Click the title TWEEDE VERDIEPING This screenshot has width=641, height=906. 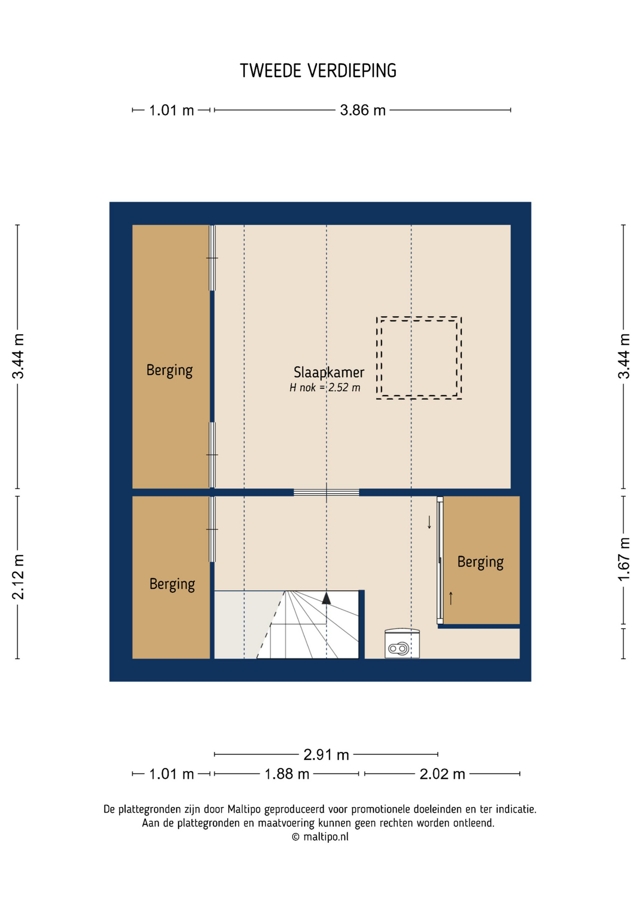[x=318, y=71]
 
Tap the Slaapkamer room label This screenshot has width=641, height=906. [x=329, y=372]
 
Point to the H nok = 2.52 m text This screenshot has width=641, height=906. [x=325, y=388]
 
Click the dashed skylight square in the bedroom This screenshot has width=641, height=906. [x=419, y=317]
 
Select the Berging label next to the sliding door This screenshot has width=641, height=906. [x=480, y=562]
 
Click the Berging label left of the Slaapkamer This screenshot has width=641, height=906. [x=169, y=370]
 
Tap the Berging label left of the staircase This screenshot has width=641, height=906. [x=172, y=584]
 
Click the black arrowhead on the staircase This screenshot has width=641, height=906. [x=326, y=598]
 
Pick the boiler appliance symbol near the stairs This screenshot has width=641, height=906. [x=402, y=644]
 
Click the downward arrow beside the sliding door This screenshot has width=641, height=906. [x=429, y=522]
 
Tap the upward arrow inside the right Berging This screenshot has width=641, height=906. [x=451, y=598]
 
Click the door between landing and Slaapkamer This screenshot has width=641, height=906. [x=326, y=493]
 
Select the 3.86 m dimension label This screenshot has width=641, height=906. [x=363, y=110]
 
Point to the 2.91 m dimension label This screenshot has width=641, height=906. [x=326, y=755]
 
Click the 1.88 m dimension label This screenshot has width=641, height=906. [x=287, y=774]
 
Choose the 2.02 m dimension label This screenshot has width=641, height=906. [x=442, y=774]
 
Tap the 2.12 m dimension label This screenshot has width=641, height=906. [x=18, y=577]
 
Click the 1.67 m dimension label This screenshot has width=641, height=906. [x=624, y=559]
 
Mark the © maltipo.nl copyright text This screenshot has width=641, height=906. [x=320, y=837]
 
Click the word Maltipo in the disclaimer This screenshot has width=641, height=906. [x=244, y=809]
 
